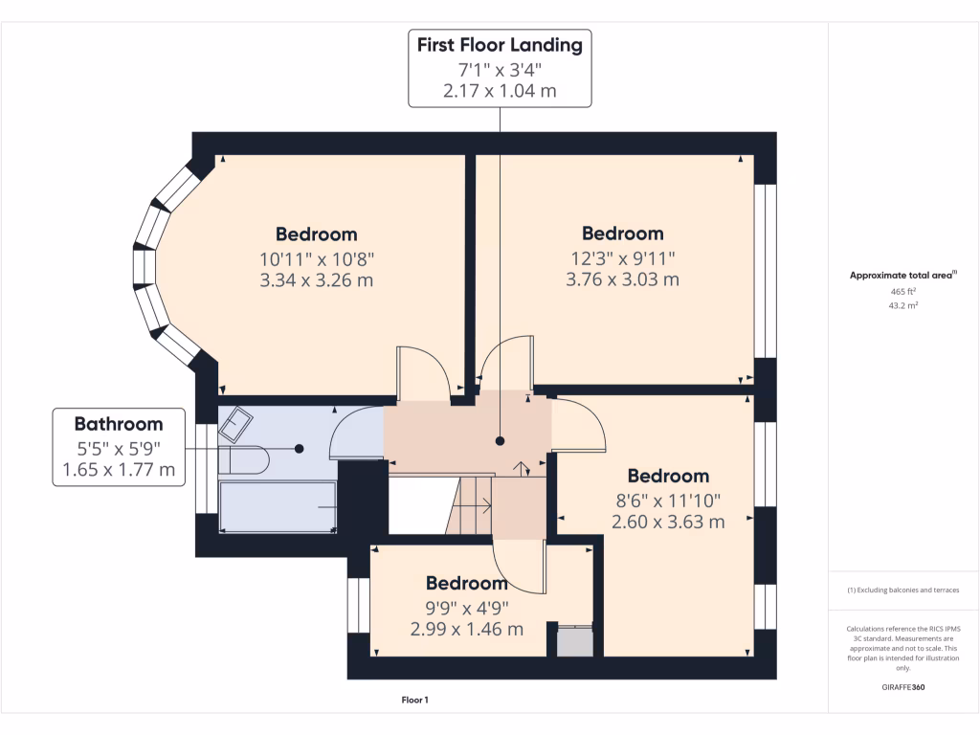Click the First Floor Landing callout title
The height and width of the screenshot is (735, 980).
click(x=500, y=44)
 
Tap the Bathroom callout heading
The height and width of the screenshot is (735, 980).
click(x=119, y=424)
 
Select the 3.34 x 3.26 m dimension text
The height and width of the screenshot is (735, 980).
click(x=316, y=280)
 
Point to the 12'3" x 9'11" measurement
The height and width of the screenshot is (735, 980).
click(x=622, y=256)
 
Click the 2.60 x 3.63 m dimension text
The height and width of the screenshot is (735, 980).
click(x=668, y=522)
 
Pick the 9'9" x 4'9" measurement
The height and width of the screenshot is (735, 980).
click(x=467, y=607)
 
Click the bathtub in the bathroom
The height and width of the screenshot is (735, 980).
click(x=278, y=506)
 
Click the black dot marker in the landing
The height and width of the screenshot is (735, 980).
click(x=500, y=441)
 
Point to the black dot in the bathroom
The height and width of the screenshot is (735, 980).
click(x=299, y=448)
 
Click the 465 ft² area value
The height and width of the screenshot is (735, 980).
click(x=903, y=290)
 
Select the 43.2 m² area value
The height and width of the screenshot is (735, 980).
click(x=903, y=305)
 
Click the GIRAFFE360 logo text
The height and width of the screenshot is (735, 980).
click(x=903, y=687)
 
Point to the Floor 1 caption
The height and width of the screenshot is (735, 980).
click(x=414, y=701)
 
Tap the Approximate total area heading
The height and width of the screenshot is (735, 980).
click(x=902, y=276)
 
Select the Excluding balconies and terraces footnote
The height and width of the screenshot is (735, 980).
click(x=903, y=590)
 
